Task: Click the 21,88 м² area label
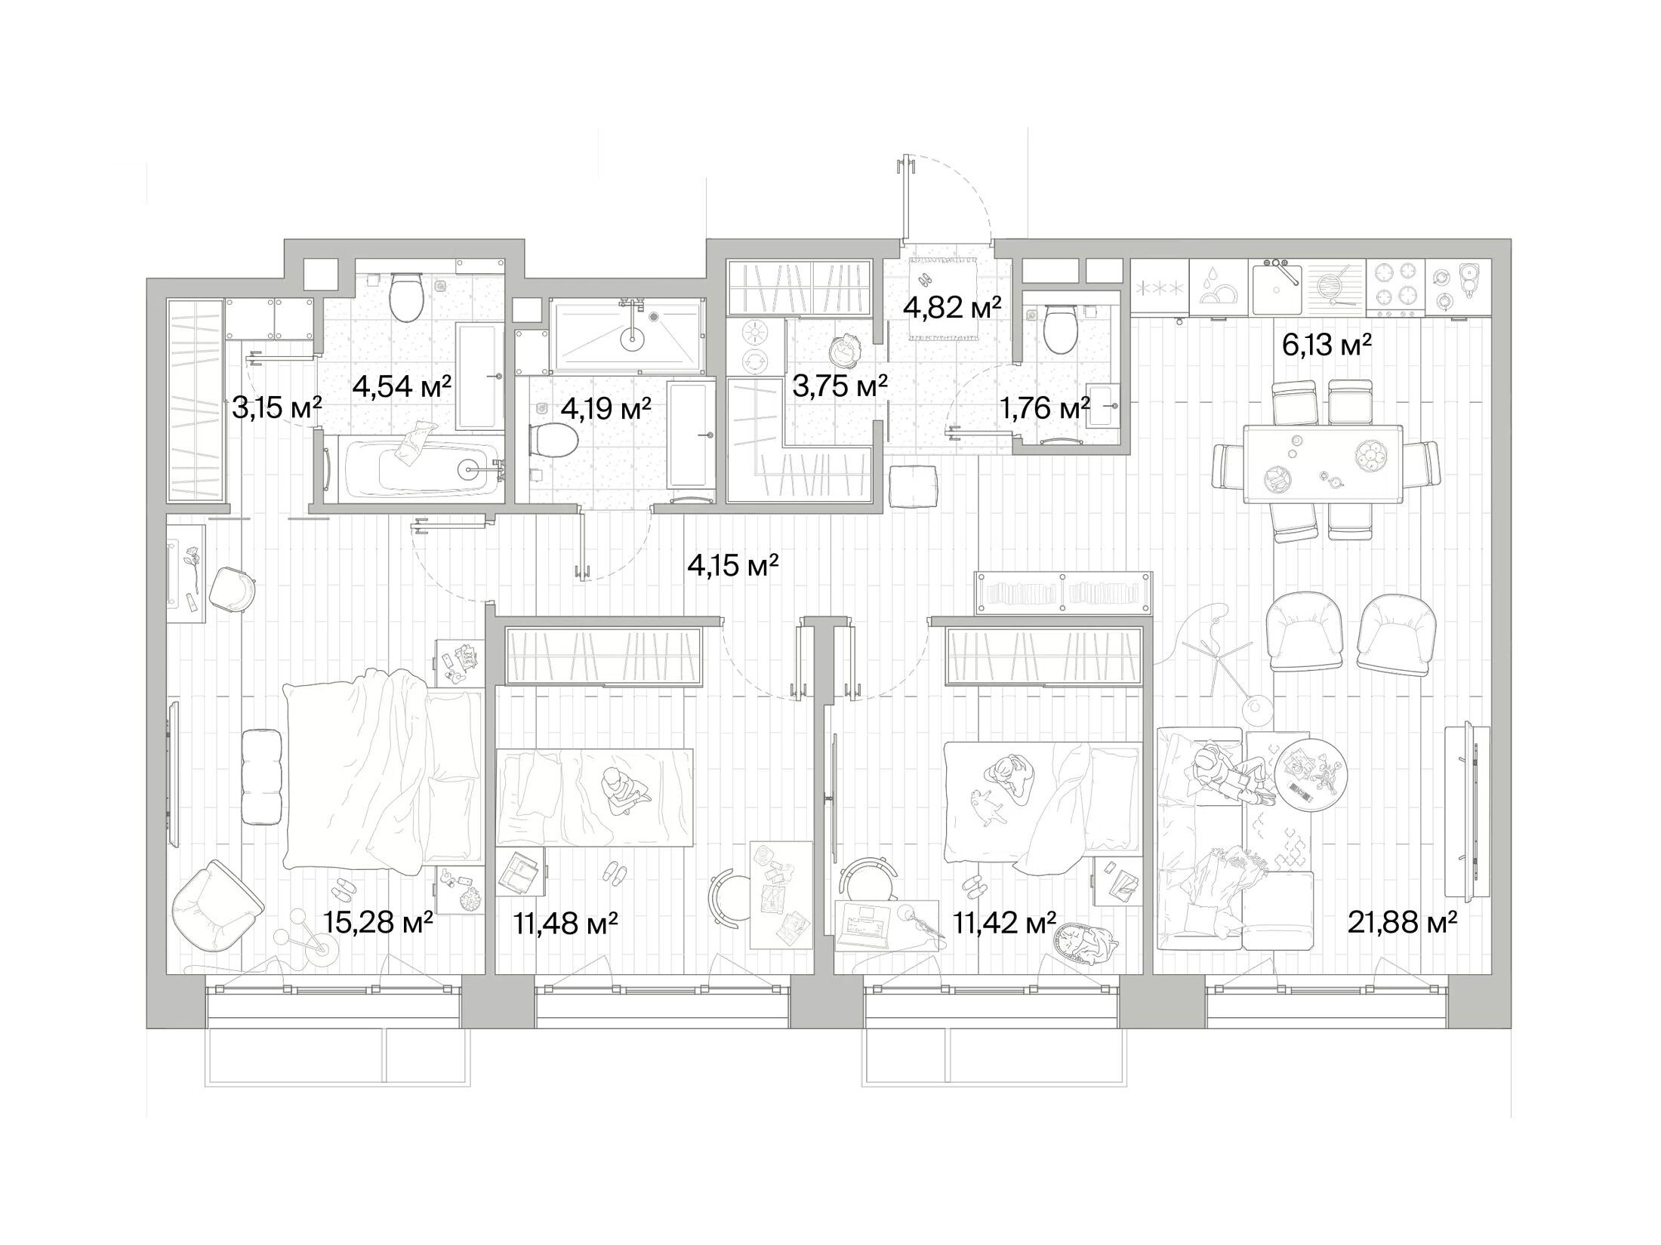coord(1402,921)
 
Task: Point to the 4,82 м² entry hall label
coord(952,307)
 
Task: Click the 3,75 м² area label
coord(839,387)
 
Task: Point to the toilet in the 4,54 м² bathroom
coord(406,297)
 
